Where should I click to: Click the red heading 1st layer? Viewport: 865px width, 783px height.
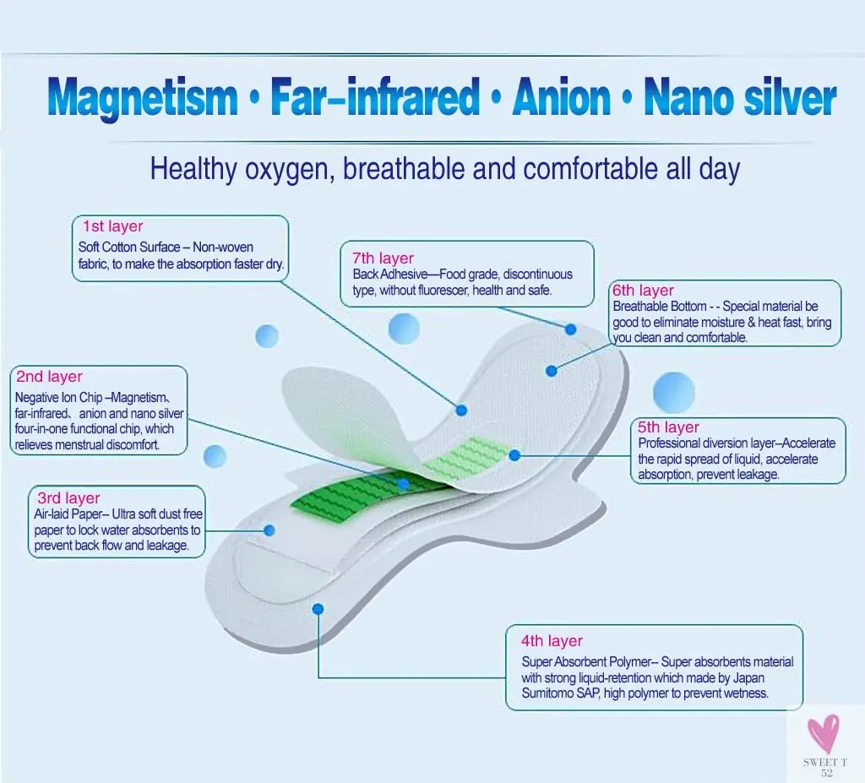[113, 226]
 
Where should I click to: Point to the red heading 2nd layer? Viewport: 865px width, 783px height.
[50, 377]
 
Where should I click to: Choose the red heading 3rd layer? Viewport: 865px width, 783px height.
[68, 498]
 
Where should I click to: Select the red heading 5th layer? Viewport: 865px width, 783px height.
[669, 427]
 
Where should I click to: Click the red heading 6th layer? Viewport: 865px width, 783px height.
[644, 291]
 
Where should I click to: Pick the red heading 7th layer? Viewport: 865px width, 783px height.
[384, 258]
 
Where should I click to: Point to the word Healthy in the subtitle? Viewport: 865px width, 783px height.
[193, 170]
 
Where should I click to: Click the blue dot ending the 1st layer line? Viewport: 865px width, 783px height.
[461, 410]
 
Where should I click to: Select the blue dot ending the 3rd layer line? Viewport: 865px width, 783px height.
[269, 530]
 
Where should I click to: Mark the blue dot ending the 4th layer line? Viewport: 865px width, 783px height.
[318, 608]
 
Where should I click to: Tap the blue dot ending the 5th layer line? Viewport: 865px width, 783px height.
[514, 455]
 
